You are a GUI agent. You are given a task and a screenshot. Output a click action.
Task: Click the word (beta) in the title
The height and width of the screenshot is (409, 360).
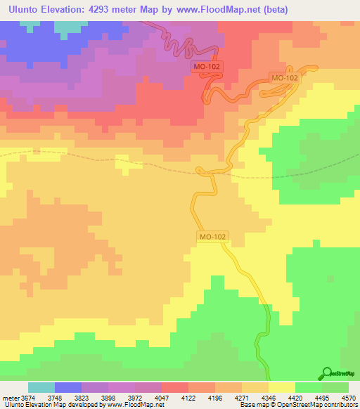tap(280, 9)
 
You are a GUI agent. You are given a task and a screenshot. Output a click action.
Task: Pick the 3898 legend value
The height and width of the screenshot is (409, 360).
tap(108, 397)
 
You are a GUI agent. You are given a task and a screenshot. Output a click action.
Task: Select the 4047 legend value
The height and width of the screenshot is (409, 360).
tap(162, 397)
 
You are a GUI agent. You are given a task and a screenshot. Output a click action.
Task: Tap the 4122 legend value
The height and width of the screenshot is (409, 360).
tap(188, 397)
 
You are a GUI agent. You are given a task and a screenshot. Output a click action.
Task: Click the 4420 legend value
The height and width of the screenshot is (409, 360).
tap(295, 397)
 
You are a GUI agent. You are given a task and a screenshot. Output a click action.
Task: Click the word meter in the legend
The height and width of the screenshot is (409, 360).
tap(9, 397)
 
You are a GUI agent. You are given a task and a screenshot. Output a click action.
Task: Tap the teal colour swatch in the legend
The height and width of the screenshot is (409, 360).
tap(41, 387)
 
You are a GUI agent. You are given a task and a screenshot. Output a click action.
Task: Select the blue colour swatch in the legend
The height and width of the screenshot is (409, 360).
tap(67, 387)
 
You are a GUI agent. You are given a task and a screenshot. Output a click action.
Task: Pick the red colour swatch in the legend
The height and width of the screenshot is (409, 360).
tap(174, 387)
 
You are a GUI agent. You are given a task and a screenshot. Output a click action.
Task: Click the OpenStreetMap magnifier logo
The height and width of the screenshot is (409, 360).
tap(326, 374)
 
